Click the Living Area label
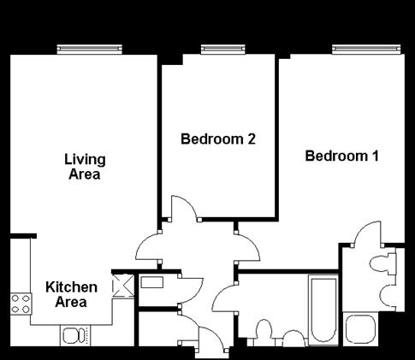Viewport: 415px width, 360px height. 85,167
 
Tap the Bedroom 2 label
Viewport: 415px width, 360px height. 218,139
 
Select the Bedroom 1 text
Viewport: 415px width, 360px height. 342,156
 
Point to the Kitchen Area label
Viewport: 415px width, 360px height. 71,294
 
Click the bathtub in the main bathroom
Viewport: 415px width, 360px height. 323,309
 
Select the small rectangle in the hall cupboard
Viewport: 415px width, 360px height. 153,281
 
